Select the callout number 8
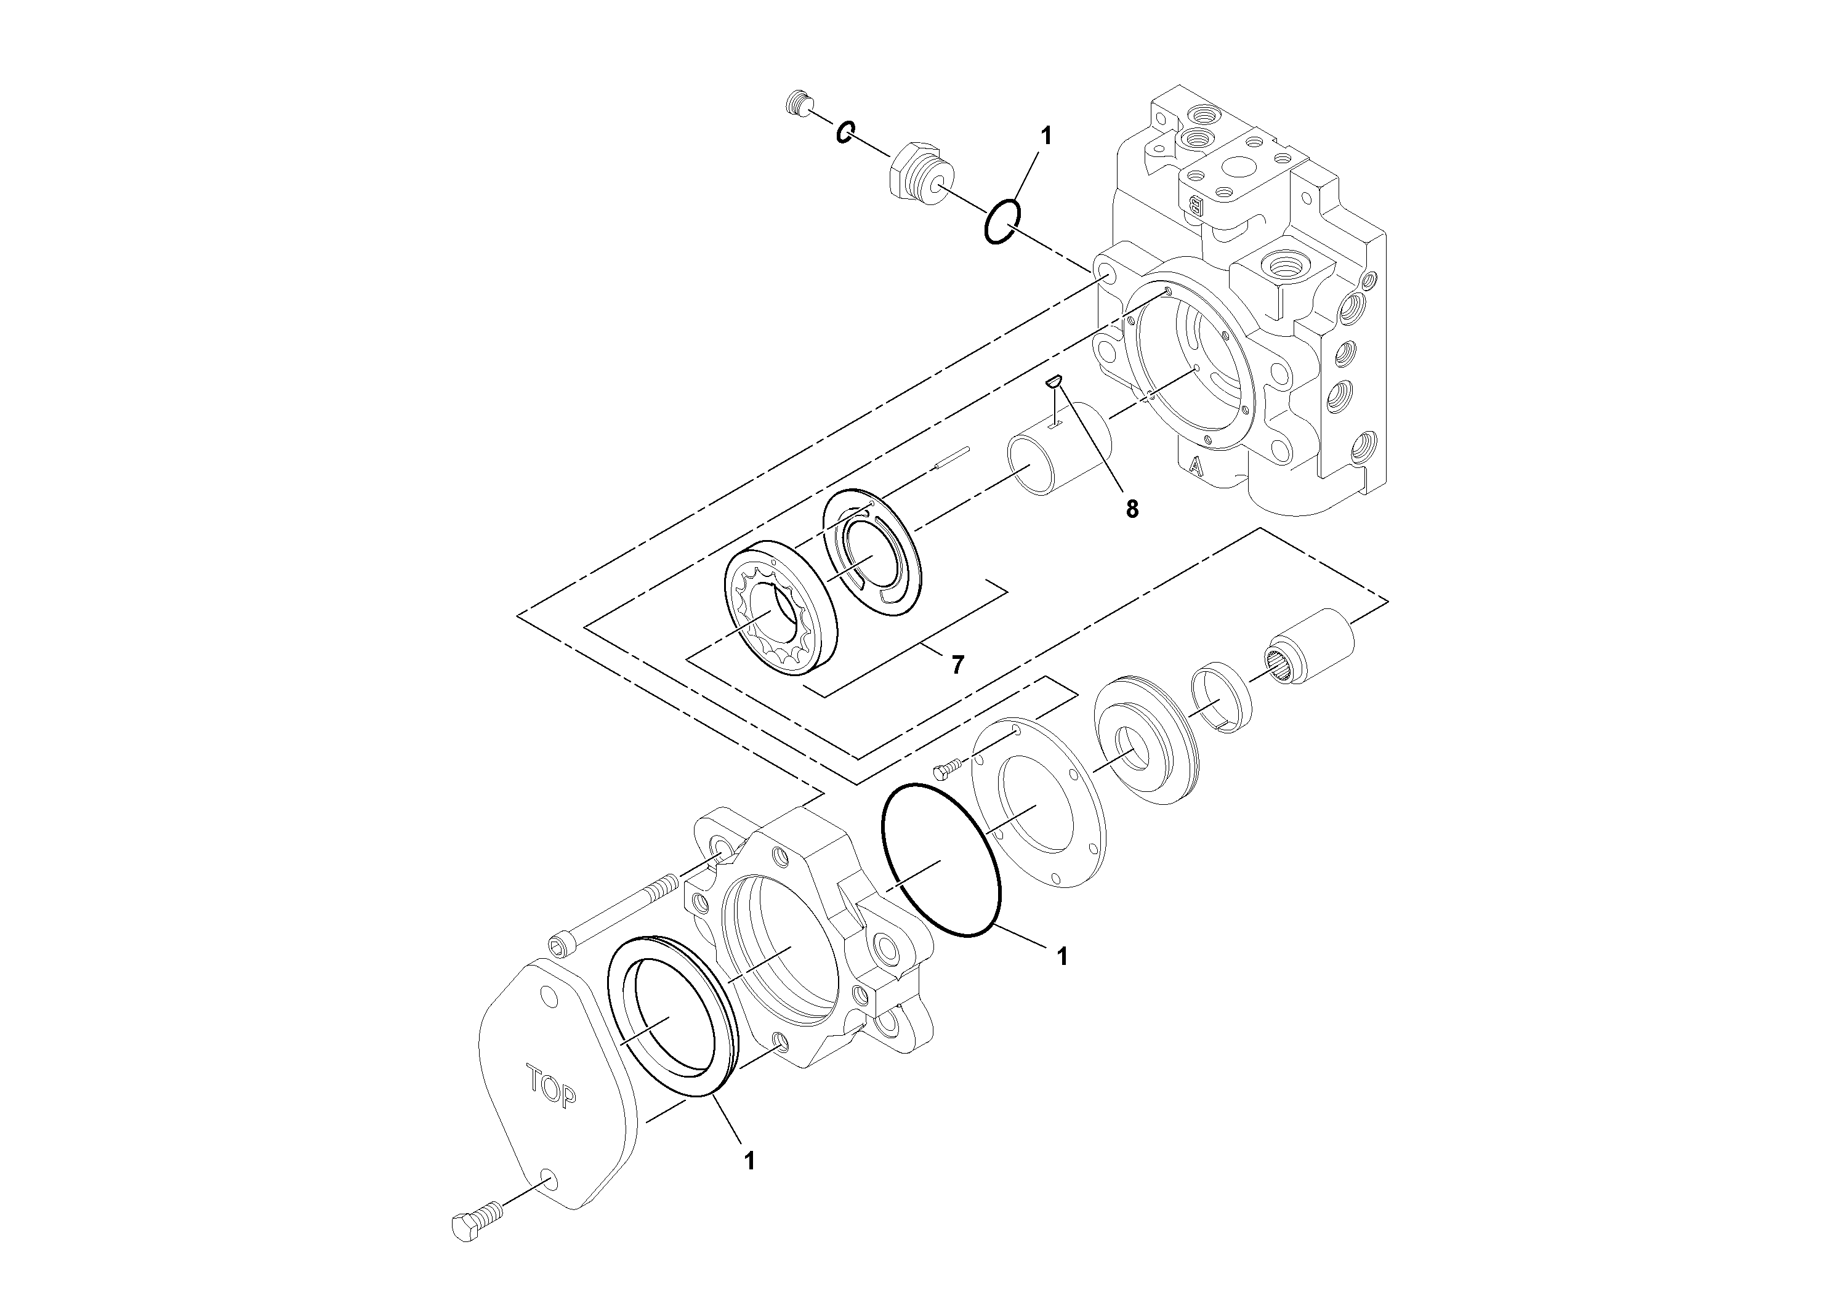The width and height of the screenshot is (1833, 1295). [1132, 509]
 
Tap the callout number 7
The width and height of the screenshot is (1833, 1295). [957, 664]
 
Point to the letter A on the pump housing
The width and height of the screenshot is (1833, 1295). [1195, 466]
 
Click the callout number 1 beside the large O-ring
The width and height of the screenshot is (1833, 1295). [1061, 956]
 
